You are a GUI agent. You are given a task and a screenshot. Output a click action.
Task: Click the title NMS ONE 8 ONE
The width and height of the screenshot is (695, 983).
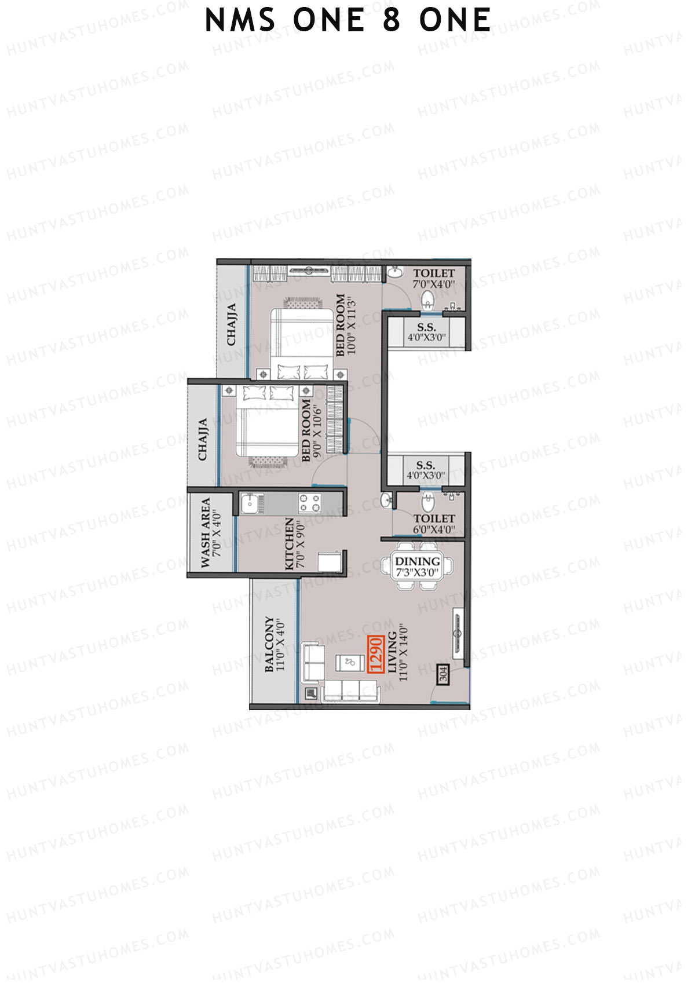click(x=348, y=21)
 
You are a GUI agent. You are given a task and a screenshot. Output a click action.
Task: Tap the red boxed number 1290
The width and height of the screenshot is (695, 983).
click(x=376, y=654)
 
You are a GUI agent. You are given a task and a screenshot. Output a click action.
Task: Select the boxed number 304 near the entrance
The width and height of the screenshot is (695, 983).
click(x=443, y=675)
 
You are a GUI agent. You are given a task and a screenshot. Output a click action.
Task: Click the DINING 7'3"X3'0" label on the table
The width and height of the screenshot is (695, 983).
click(x=418, y=567)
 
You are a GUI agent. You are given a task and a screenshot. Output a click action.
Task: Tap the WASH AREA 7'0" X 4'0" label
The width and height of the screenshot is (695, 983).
click(x=210, y=533)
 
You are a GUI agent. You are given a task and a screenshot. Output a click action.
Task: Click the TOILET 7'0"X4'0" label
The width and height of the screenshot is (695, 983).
click(x=434, y=278)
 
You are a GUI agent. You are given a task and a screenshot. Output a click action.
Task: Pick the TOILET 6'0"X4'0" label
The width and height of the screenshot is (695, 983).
click(x=434, y=524)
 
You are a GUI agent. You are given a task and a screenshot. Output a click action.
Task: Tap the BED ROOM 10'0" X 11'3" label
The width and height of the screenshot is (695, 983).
click(x=345, y=326)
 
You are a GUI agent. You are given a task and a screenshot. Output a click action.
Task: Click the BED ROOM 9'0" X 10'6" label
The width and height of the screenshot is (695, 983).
click(x=311, y=429)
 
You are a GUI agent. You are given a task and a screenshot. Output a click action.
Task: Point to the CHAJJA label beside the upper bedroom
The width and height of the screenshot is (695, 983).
click(x=232, y=324)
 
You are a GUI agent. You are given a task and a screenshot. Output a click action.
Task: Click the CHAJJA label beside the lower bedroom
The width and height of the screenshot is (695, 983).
click(x=203, y=440)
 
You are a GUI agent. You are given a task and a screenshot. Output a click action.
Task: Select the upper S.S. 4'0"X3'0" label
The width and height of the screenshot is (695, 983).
click(x=426, y=332)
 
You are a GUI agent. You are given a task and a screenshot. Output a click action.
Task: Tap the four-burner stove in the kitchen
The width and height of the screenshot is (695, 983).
click(x=309, y=503)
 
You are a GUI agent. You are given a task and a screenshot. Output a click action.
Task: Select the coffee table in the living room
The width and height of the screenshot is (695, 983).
click(x=349, y=662)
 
